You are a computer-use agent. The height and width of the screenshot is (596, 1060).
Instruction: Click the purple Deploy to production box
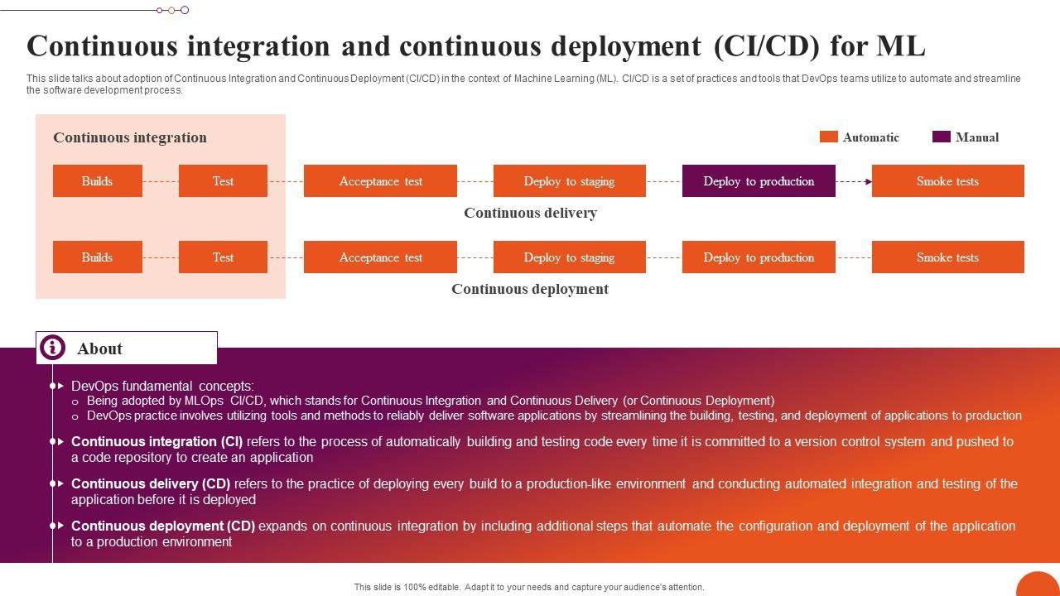click(759, 181)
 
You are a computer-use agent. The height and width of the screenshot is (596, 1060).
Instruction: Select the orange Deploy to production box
click(759, 257)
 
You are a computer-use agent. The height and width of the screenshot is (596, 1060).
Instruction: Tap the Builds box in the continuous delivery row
click(97, 181)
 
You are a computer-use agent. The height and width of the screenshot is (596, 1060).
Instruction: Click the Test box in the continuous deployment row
click(223, 257)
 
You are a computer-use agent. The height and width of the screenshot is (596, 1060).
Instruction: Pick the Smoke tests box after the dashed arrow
click(947, 181)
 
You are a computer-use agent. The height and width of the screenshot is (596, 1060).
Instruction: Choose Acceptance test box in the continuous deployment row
click(380, 257)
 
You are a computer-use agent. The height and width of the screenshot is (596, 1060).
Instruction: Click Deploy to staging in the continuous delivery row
click(569, 181)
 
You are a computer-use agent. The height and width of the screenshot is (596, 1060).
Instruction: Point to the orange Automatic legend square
click(828, 137)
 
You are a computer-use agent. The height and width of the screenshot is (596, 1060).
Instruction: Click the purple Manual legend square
click(941, 137)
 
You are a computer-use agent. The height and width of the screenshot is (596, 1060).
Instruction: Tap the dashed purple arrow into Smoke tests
click(853, 181)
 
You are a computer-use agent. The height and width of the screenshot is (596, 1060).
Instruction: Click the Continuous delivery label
click(530, 213)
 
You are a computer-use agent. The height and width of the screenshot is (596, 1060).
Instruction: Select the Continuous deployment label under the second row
click(530, 289)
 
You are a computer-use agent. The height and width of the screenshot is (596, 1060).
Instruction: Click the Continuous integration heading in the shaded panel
click(130, 137)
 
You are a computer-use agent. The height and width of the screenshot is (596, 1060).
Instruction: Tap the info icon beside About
click(52, 348)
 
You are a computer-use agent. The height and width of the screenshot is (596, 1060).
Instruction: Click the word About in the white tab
click(99, 348)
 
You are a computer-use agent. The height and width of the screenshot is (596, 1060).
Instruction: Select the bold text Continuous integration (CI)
click(157, 442)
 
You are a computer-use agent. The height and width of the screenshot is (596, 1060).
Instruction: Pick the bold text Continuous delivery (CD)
click(151, 484)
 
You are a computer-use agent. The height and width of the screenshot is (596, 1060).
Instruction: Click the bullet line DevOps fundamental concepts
click(162, 386)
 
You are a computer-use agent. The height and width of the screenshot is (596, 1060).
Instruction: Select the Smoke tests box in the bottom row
click(947, 257)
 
